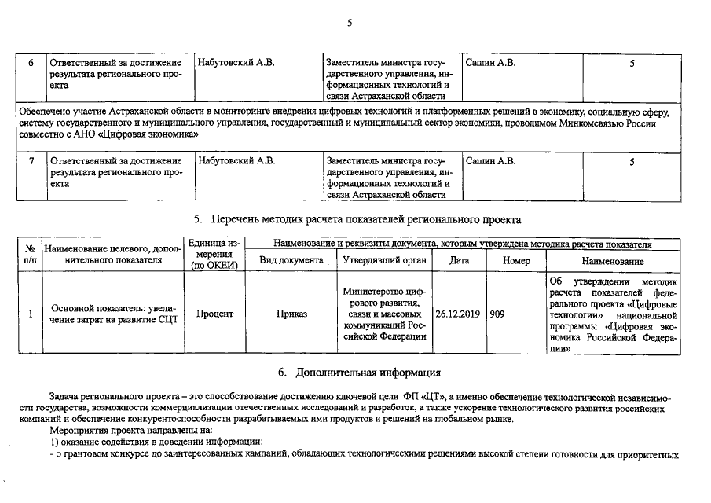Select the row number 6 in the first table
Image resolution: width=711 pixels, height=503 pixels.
click(x=30, y=63)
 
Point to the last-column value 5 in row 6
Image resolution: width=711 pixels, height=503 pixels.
click(x=632, y=63)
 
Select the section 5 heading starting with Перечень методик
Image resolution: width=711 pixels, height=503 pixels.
click(x=357, y=219)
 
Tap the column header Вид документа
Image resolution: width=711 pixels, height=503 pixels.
click(x=291, y=260)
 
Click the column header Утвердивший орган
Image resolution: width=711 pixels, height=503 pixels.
click(x=384, y=260)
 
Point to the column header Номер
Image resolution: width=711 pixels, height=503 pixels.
click(x=516, y=260)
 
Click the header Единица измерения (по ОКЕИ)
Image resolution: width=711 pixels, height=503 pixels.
click(x=214, y=255)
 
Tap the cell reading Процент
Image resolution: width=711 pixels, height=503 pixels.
click(x=214, y=314)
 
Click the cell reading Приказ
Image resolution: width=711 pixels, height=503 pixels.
click(x=291, y=314)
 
